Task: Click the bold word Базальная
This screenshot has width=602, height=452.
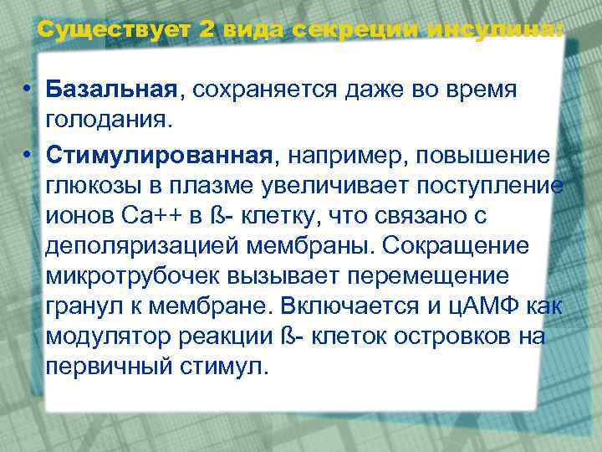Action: point(112,89)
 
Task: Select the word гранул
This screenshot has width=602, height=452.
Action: point(80,307)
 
